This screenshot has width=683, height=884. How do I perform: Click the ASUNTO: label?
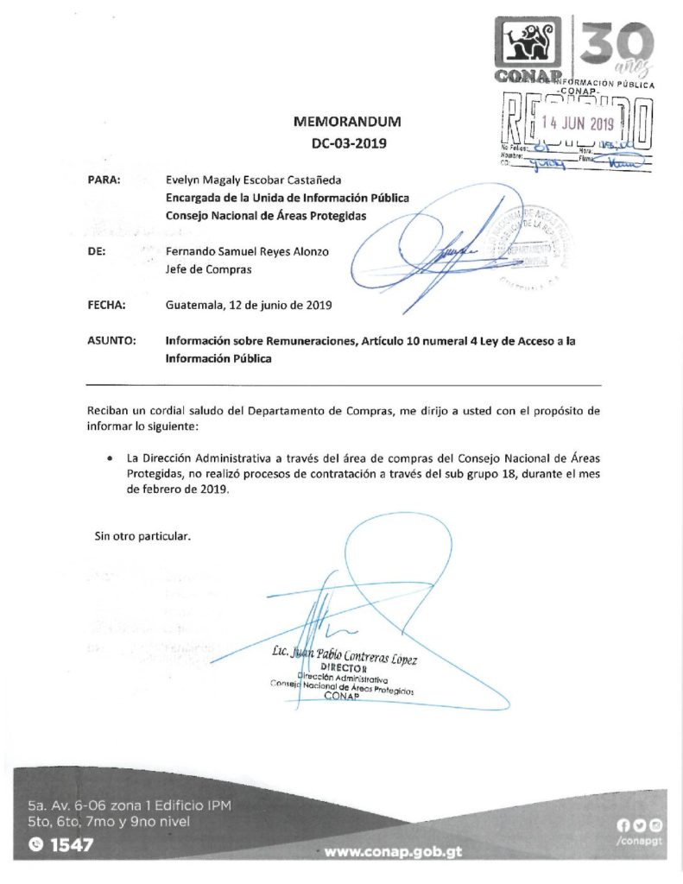pyautogui.click(x=111, y=341)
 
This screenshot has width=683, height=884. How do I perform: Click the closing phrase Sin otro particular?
pyautogui.click(x=142, y=536)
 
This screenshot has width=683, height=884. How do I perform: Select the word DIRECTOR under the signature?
pyautogui.click(x=344, y=669)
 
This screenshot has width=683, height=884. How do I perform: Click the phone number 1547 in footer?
pyautogui.click(x=71, y=846)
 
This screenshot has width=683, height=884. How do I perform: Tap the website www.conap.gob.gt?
pyautogui.click(x=393, y=851)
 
